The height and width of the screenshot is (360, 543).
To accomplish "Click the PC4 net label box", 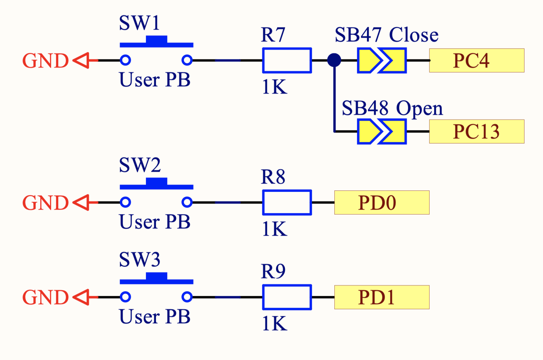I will click(477, 60).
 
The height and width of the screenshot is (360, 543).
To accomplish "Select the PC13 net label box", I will click(477, 131).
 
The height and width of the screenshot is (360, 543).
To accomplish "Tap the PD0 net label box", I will click(382, 202).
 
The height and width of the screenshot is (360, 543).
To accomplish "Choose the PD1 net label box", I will click(382, 297).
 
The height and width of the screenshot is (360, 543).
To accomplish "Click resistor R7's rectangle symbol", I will click(287, 60).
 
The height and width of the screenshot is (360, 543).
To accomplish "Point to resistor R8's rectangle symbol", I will click(287, 202).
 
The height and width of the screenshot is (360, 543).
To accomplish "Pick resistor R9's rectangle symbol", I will click(287, 297).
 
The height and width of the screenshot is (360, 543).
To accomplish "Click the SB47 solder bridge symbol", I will click(382, 60).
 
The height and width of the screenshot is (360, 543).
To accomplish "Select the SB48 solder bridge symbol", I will click(382, 131).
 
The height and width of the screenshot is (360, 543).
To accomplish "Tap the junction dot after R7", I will click(334, 60).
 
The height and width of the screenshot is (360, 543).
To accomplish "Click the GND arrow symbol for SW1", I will click(81, 60).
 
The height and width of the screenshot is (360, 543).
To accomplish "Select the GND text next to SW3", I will click(45, 297).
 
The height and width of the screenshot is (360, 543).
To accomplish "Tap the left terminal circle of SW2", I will click(125, 202).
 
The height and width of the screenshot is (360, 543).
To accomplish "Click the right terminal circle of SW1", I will click(187, 60).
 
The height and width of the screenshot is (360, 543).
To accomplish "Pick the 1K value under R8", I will click(274, 229).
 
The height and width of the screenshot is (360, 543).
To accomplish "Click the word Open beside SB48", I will click(419, 108).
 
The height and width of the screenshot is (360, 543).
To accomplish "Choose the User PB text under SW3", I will click(155, 317).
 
